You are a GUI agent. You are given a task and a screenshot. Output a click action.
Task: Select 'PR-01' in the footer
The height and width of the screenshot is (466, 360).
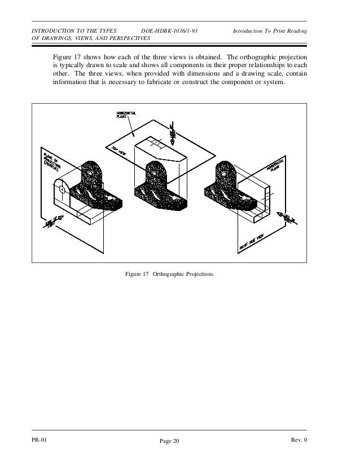(40, 440)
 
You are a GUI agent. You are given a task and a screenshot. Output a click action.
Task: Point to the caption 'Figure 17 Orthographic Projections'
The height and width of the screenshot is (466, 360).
(169, 274)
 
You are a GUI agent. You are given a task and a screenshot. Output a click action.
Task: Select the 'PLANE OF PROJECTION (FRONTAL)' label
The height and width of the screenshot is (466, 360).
(52, 160)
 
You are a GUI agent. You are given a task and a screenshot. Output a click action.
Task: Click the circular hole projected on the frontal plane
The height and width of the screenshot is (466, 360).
(62, 190)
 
